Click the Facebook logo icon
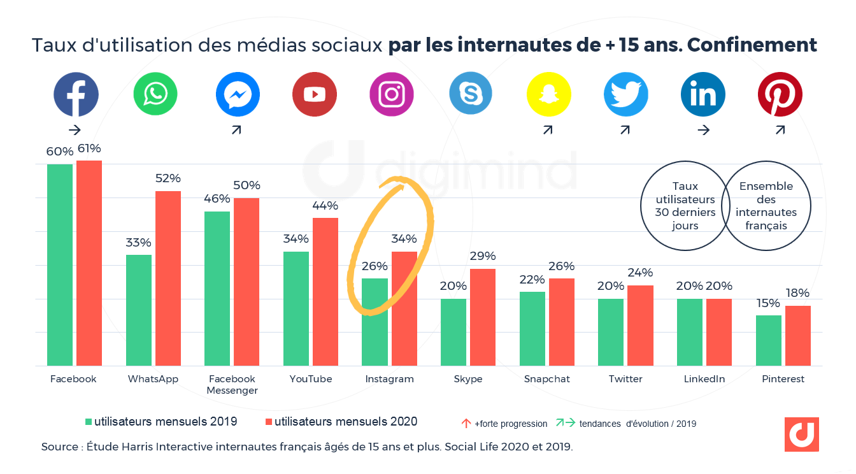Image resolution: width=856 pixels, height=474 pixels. point(76,94)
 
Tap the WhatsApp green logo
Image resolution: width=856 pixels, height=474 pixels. point(155,94)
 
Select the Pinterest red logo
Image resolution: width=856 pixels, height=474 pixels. point(780,94)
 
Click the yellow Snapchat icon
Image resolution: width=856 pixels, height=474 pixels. point(548,94)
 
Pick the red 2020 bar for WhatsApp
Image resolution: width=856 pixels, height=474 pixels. point(168,278)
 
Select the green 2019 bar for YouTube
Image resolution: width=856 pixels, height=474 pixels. point(296,308)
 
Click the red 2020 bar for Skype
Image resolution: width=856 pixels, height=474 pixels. point(483,317)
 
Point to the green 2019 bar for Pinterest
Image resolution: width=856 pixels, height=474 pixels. point(768,340)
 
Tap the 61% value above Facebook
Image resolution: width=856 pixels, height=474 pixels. point(89,149)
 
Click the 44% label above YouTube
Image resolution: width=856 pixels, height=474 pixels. point(325,206)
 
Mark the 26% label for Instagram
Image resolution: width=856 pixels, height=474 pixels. point(374,266)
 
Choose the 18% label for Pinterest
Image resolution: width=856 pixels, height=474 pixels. point(797,293)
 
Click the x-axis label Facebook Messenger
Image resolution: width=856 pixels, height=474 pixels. point(232,384)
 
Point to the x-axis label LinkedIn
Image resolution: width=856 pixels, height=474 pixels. point(704,379)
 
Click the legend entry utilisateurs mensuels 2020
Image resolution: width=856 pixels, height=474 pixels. point(341,422)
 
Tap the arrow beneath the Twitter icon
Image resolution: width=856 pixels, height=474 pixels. point(625,130)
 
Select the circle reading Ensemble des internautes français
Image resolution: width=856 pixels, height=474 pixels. point(766,206)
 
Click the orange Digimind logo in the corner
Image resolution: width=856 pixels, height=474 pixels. point(801,434)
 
